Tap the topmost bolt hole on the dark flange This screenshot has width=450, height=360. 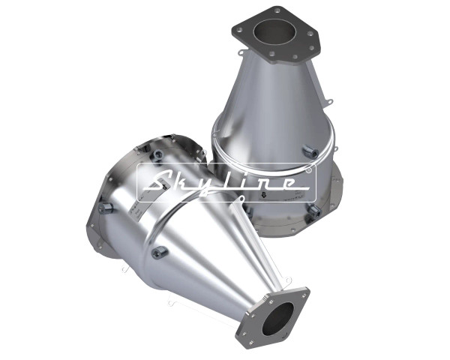click(x=277, y=11)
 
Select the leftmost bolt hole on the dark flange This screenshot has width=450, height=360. click(x=239, y=29)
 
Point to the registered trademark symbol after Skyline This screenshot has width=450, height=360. click(x=309, y=170)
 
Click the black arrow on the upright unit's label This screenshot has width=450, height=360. click(x=263, y=196)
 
